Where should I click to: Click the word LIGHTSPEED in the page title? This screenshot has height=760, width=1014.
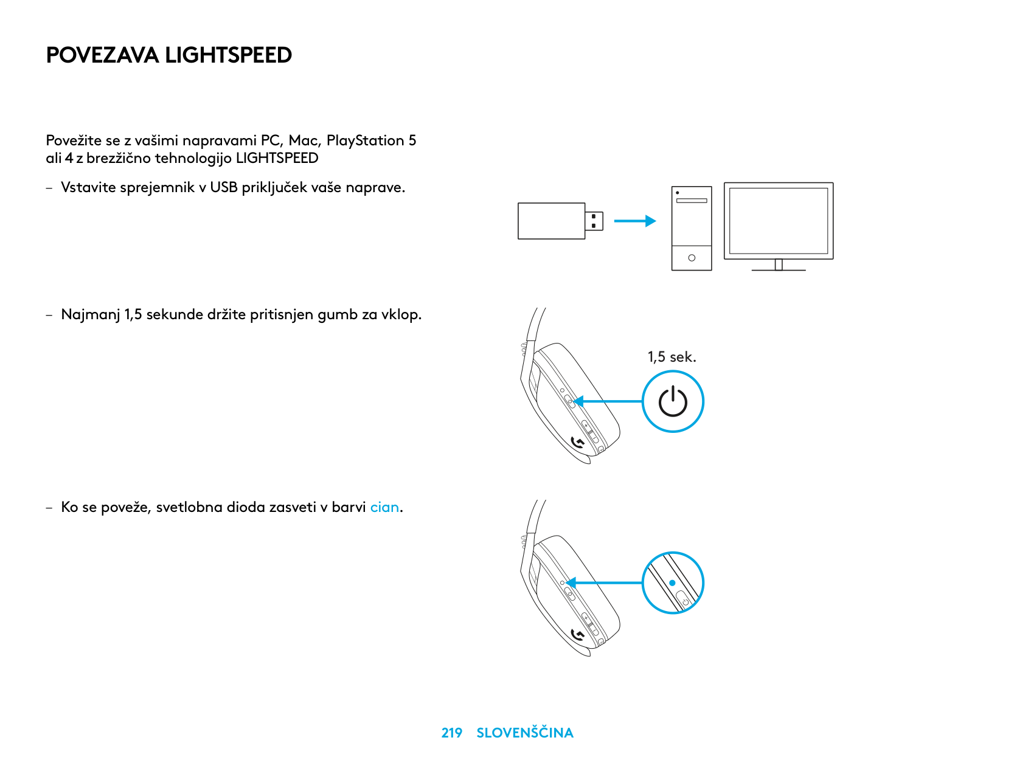(x=228, y=55)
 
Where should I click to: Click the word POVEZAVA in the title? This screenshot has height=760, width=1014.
(x=103, y=55)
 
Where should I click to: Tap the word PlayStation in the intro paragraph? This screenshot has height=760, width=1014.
(x=365, y=140)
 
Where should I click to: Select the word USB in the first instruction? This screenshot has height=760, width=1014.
(x=224, y=187)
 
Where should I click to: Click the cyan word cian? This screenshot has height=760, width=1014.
(x=384, y=507)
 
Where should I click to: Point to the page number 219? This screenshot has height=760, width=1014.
(x=451, y=733)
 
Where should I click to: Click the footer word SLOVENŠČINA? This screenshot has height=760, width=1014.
(x=525, y=732)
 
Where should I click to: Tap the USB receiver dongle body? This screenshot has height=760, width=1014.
(x=551, y=221)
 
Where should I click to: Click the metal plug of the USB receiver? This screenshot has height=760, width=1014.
(x=594, y=221)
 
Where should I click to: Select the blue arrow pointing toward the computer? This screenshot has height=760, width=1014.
(x=634, y=221)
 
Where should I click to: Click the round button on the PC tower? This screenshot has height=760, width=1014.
(x=692, y=258)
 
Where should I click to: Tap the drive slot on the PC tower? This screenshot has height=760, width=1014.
(x=692, y=201)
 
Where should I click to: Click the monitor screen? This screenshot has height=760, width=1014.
(x=779, y=221)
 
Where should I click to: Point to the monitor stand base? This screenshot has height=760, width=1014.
(x=779, y=269)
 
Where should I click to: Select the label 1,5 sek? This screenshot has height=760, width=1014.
(x=672, y=357)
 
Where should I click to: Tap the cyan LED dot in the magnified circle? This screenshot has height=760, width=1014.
(x=672, y=582)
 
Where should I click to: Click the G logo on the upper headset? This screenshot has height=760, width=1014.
(x=577, y=443)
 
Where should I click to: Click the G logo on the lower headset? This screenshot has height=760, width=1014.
(x=577, y=635)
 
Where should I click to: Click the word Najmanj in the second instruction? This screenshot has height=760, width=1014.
(x=91, y=314)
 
